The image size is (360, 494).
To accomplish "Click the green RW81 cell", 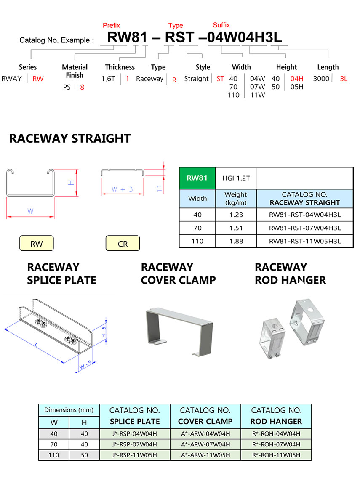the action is pyautogui.click(x=197, y=178).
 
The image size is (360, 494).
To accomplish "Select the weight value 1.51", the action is pyautogui.click(x=236, y=228).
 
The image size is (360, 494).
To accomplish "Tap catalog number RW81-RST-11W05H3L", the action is pyautogui.click(x=305, y=241).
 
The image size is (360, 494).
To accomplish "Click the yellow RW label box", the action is pyautogui.click(x=37, y=243).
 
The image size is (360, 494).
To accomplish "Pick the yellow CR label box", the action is pyautogui.click(x=123, y=243).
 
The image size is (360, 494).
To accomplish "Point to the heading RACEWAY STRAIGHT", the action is pyautogui.click(x=70, y=138).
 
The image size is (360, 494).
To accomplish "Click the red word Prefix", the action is pyautogui.click(x=111, y=25).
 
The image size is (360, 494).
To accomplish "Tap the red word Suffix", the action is pyautogui.click(x=221, y=25).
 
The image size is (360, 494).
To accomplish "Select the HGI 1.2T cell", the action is pyautogui.click(x=236, y=178).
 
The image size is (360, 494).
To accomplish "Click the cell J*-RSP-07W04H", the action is pyautogui.click(x=135, y=444).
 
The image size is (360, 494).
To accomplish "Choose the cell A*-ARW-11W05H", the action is pyautogui.click(x=205, y=455).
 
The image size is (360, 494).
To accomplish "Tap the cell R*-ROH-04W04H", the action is pyautogui.click(x=276, y=433).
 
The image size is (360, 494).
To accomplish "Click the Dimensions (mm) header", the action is pyautogui.click(x=69, y=410).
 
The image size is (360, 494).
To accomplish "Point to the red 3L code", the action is pyautogui.click(x=344, y=79).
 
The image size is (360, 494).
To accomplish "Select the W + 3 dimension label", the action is pyautogui.click(x=122, y=189).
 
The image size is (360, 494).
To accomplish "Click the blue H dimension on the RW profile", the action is pyautogui.click(x=72, y=183).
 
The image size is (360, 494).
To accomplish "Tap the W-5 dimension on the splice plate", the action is pyautogui.click(x=85, y=364).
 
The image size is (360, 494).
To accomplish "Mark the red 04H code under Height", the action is pyautogui.click(x=297, y=79).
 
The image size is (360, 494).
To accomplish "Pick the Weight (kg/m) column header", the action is pyautogui.click(x=236, y=199).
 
